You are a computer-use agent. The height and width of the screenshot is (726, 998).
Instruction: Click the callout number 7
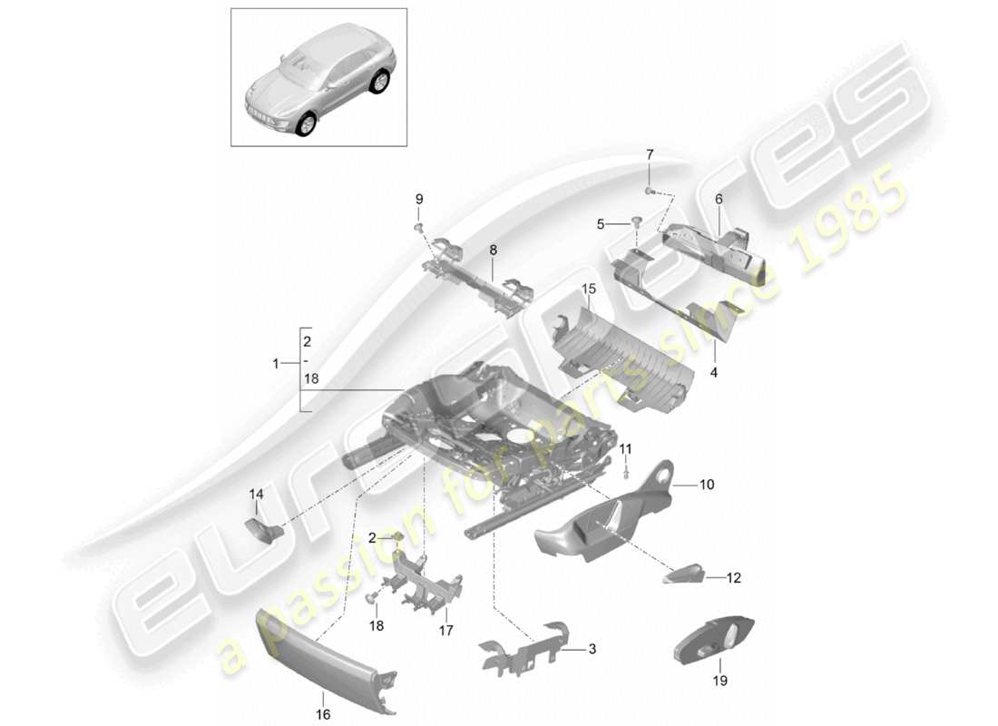[649, 155]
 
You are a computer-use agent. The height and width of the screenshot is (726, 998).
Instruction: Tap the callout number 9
[419, 199]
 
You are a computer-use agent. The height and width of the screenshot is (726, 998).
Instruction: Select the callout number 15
[588, 289]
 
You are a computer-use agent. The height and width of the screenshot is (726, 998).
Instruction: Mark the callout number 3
[592, 649]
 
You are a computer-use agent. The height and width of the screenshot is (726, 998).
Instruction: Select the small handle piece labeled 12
[687, 574]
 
